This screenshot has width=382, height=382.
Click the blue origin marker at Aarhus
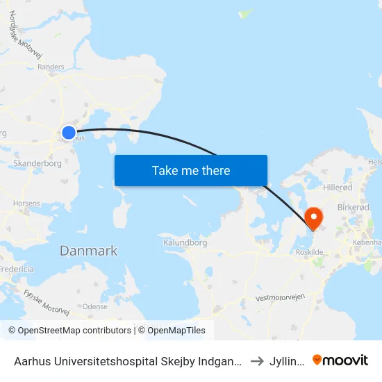pos(68,132)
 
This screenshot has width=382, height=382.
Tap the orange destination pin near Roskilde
pos(314,218)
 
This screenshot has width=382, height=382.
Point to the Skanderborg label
pos(38,164)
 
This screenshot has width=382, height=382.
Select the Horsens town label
pos(26,203)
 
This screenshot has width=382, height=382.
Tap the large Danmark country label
pos(88,251)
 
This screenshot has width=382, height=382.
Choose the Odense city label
pos(95,306)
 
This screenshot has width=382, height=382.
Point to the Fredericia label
pos(17,269)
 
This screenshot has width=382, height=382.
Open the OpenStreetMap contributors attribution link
pos(69,331)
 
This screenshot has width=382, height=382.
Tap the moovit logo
pos(340,360)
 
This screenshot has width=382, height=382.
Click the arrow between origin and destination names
pos(256,360)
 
